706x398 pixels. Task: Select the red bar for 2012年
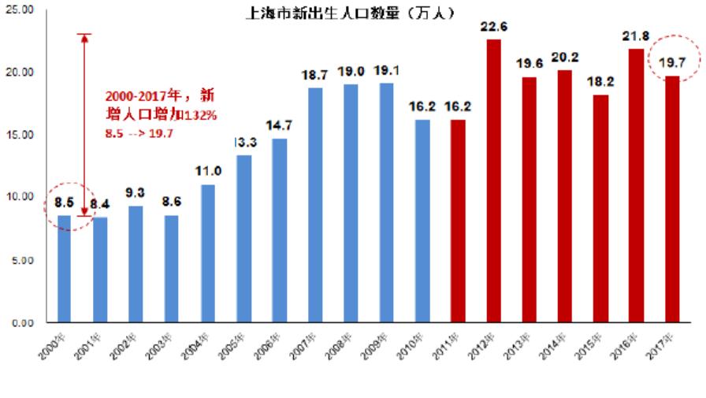[493, 180]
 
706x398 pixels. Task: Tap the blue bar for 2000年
[64, 269]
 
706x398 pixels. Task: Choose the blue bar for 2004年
[207, 253]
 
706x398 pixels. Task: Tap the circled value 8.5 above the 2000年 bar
[64, 204]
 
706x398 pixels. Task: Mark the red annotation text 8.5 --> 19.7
[139, 133]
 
